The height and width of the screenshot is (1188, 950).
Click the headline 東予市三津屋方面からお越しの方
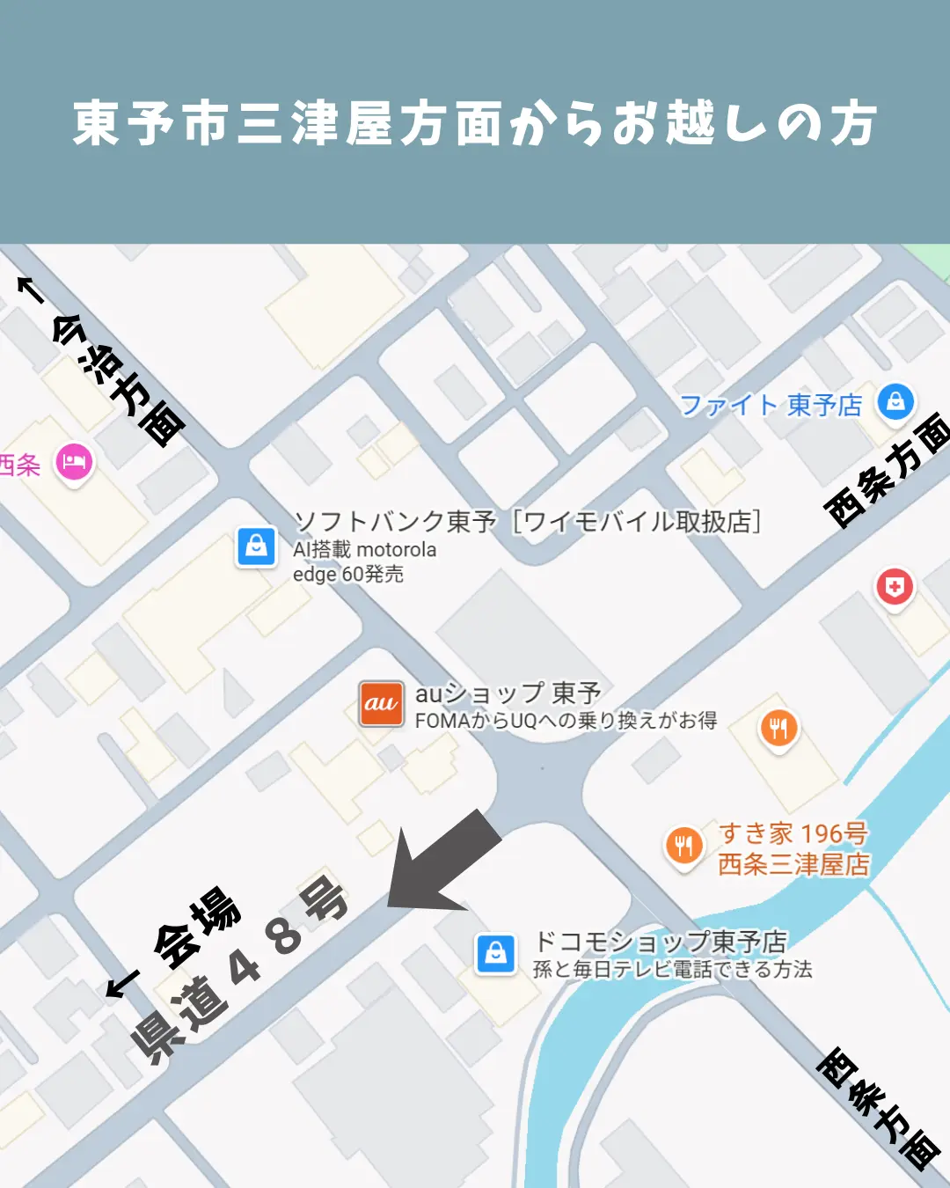[475, 123]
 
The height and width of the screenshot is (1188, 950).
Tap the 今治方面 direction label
[120, 378]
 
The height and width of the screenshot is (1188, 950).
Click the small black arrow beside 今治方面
[31, 289]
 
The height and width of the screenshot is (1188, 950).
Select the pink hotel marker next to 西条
[74, 462]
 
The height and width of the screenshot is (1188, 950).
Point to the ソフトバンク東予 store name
[395, 521]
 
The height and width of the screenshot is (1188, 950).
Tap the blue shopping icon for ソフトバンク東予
[256, 546]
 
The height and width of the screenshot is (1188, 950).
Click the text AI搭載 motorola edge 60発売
[364, 561]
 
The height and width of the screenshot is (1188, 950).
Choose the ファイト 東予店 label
[771, 405]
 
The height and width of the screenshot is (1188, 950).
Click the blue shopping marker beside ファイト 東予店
[895, 402]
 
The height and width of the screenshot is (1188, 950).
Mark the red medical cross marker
[895, 587]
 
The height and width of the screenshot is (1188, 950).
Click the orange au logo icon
[381, 703]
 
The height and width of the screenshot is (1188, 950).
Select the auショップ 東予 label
[508, 693]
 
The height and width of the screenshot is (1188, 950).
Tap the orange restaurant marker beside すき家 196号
[683, 847]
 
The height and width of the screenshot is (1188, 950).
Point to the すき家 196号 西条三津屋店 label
[793, 848]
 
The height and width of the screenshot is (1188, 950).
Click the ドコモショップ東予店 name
[661, 942]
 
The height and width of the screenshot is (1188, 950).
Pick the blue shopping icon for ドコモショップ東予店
[496, 953]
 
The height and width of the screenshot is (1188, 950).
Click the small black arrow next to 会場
[122, 984]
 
